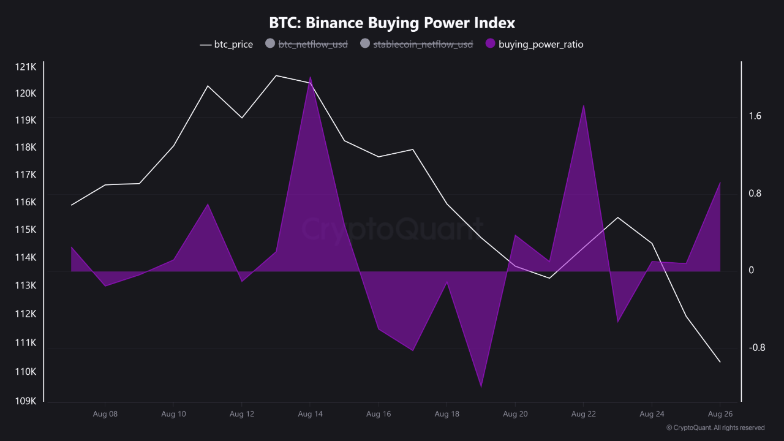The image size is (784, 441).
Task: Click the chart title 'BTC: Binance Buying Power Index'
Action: click(392, 23)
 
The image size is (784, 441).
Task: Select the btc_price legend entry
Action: click(226, 44)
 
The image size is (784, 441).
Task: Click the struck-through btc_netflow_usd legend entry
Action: click(306, 44)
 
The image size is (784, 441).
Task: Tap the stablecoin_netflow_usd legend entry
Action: click(417, 44)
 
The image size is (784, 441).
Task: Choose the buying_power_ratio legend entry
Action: click(534, 44)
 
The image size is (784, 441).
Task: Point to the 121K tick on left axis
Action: click(26, 66)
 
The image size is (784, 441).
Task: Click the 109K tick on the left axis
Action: click(26, 401)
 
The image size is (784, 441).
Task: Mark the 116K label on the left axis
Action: click(26, 202)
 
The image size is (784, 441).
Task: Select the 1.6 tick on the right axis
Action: click(755, 116)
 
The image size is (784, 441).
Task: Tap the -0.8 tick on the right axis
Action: click(756, 348)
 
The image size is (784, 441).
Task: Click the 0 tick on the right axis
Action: click(752, 270)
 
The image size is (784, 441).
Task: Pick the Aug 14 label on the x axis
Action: click(310, 414)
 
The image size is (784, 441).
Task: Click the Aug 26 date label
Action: click(720, 414)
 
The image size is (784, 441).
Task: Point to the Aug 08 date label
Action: click(105, 414)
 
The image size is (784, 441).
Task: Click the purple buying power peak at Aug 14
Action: click(311, 78)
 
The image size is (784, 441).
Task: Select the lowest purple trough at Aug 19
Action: click(481, 386)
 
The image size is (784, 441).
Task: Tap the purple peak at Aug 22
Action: click(584, 105)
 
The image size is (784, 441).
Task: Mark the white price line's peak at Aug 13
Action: click(276, 75)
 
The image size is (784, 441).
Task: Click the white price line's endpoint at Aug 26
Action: click(720, 362)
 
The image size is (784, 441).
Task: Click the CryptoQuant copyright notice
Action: click(715, 428)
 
